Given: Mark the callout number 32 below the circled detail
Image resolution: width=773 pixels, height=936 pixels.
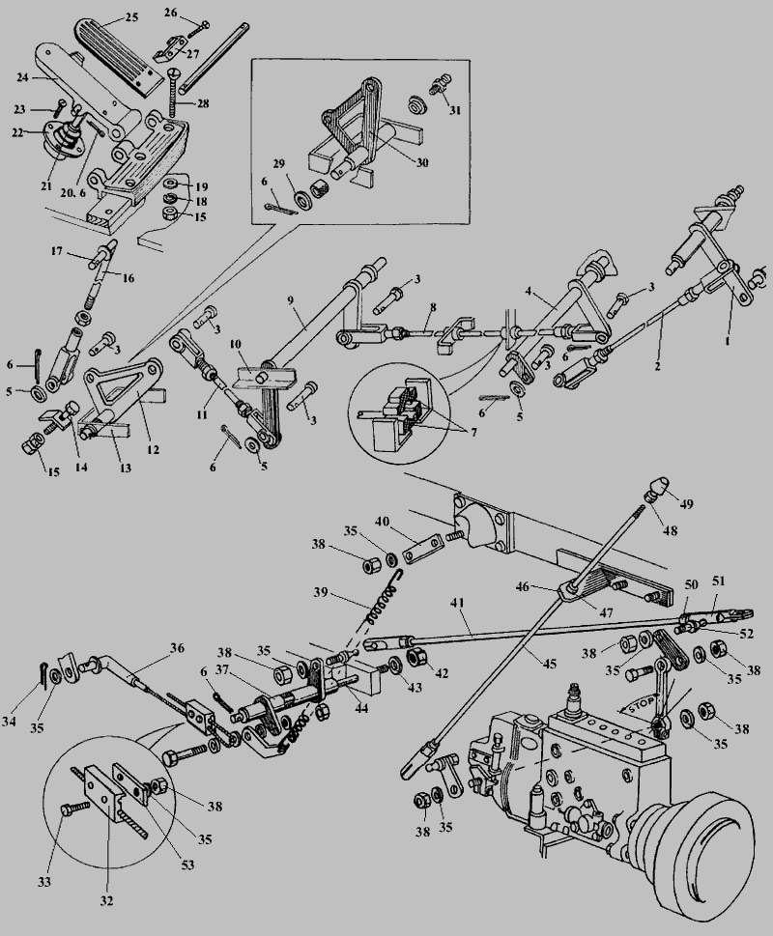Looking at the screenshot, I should [x=106, y=900].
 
